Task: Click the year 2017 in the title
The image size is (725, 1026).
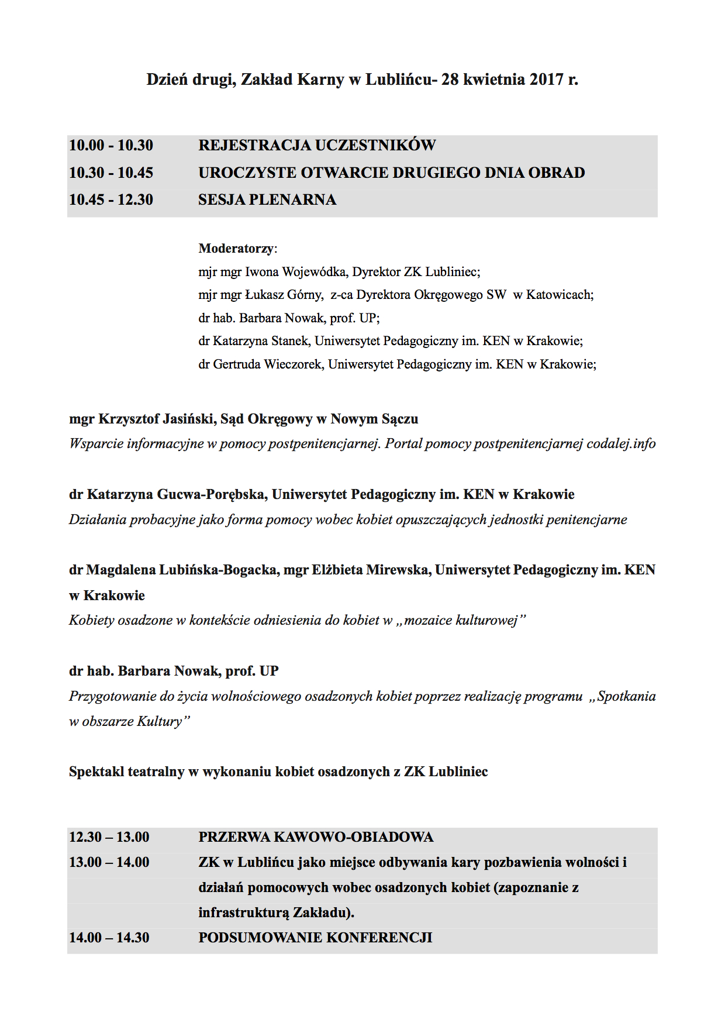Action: click(547, 80)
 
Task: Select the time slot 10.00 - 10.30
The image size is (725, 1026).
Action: click(111, 145)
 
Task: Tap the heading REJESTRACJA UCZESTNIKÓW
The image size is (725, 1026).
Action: click(317, 145)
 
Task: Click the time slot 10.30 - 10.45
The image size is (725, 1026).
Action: click(111, 173)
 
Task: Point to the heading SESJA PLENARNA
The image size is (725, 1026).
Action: click(267, 200)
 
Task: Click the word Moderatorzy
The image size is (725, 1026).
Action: click(236, 249)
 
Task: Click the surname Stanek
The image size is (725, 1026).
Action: click(290, 341)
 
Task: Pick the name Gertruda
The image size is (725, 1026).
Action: click(237, 364)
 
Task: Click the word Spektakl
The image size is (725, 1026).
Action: click(96, 772)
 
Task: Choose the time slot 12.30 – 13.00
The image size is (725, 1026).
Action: click(109, 837)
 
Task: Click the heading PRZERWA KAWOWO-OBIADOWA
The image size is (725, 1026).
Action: click(316, 837)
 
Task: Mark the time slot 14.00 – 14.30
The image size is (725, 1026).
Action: click(109, 938)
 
